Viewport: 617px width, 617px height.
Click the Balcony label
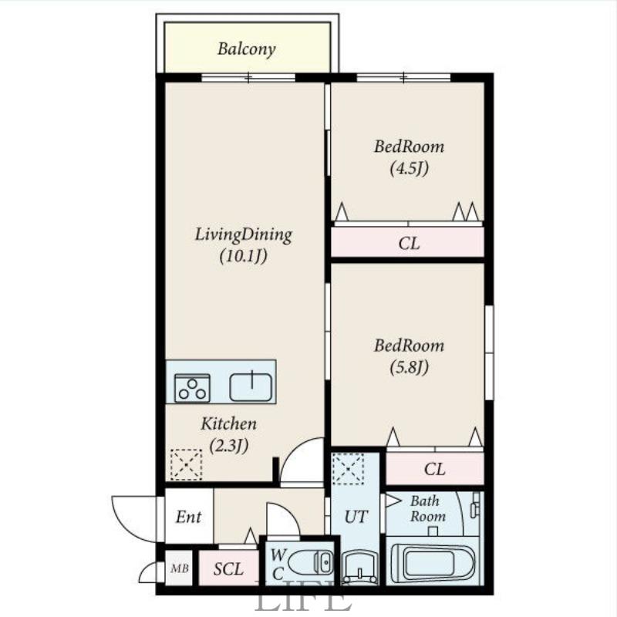pos(246,49)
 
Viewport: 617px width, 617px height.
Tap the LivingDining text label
pos(244,235)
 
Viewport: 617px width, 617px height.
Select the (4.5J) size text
pos(410,168)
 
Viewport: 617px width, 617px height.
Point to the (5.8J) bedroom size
pos(410,367)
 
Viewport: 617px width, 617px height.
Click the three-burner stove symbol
pos(192,389)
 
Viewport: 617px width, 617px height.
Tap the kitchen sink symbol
pos(251,387)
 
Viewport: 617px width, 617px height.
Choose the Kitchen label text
pos(228,423)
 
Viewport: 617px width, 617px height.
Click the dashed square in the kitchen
pos(186,465)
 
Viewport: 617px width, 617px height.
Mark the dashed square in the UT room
pos(348,469)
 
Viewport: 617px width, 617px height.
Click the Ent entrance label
pos(188,517)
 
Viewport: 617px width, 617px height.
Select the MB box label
pos(180,568)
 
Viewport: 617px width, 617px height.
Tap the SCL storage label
pos(228,569)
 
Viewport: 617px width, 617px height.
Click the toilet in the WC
pos(311,563)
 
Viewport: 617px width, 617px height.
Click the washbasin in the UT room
pos(359,567)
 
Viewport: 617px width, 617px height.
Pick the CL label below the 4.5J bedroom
pos(409,244)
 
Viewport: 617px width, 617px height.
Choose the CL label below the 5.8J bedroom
pos(434,469)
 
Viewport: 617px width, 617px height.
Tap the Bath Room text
pos(427,508)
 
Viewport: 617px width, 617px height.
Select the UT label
pos(356,517)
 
